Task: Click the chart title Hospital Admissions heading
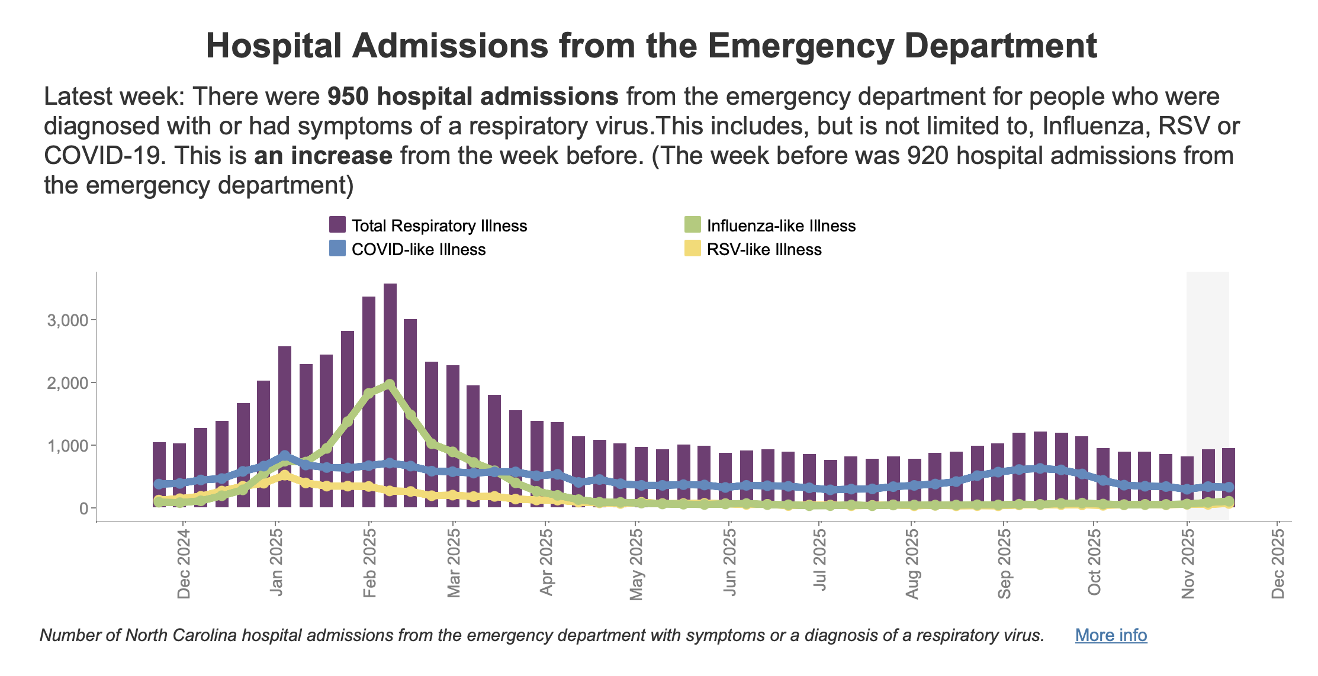click(x=651, y=46)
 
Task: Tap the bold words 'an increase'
click(x=323, y=156)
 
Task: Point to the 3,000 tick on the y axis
click(x=67, y=320)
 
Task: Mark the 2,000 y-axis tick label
click(x=67, y=383)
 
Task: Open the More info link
click(x=1111, y=635)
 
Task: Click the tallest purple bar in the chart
click(x=390, y=395)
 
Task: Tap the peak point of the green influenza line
click(x=390, y=385)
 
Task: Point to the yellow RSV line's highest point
click(x=285, y=475)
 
